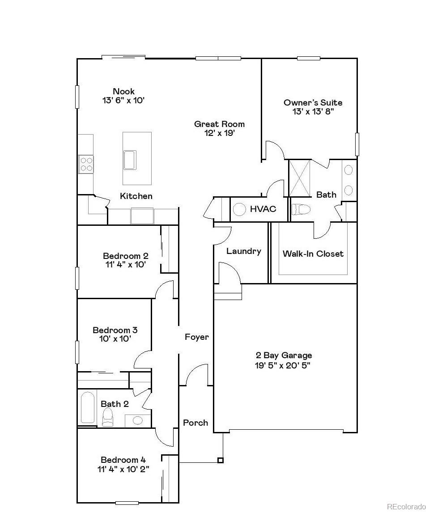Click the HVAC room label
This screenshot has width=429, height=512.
[x=263, y=209]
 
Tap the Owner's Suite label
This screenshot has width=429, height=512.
[x=313, y=102]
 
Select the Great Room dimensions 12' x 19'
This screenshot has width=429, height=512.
[x=219, y=133]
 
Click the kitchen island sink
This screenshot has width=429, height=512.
[x=130, y=160]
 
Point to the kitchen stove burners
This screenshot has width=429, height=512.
[x=86, y=164]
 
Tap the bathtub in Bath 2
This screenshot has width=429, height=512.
[x=88, y=407]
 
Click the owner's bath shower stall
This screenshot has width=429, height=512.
[x=300, y=178]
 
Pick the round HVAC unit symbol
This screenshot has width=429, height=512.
[x=240, y=209]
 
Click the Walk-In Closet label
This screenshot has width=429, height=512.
[x=313, y=254]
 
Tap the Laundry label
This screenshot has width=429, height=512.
[x=243, y=251]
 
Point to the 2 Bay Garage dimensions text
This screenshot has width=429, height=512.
[x=284, y=365]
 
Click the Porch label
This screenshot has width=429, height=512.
[x=195, y=423]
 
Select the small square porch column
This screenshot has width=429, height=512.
[x=220, y=460]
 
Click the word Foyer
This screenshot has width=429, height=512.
[x=197, y=337]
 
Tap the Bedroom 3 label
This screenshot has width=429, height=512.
[x=115, y=330]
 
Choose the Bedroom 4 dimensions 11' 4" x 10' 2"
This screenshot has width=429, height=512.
[x=123, y=469]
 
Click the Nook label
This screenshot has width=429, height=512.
[x=123, y=91]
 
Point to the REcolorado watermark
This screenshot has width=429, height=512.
[x=406, y=506]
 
